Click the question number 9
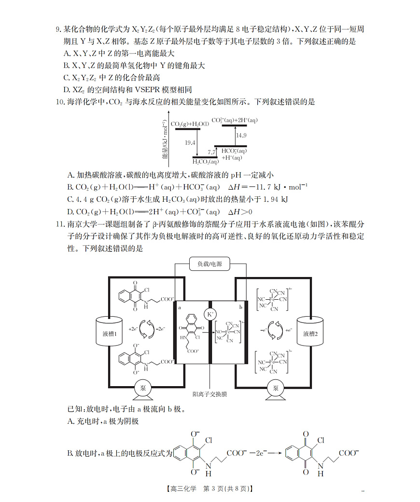click(59, 30)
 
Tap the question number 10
click(60, 102)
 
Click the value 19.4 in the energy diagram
click(190, 143)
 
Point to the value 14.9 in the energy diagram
click(241, 135)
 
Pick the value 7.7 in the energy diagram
click(211, 152)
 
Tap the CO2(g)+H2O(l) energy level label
click(190, 124)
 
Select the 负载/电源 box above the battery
click(210, 264)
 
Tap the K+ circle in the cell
click(210, 314)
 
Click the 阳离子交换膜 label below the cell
click(210, 394)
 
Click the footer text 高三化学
click(183, 488)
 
